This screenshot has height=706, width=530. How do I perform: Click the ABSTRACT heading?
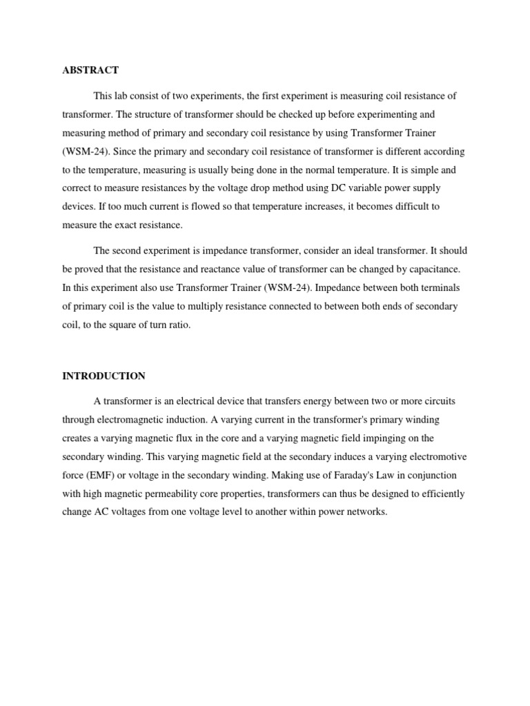pyautogui.click(x=90, y=70)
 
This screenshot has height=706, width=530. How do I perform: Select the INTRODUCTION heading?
pyautogui.click(x=104, y=376)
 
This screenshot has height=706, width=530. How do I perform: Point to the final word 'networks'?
pyautogui.click(x=369, y=512)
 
